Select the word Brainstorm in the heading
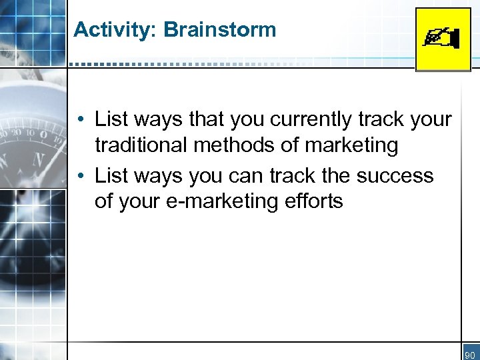click(x=219, y=30)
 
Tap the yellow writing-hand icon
click(x=443, y=39)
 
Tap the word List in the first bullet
click(x=111, y=120)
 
